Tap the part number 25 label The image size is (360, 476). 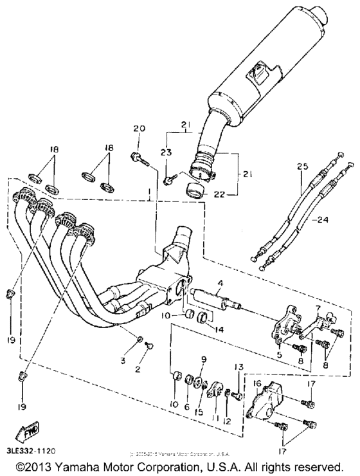302,167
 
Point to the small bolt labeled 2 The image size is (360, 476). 149,345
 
